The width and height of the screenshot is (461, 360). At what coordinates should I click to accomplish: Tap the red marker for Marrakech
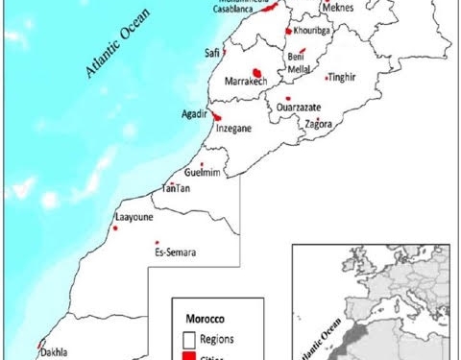tap(256, 72)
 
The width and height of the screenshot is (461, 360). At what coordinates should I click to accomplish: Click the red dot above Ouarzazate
tap(287, 98)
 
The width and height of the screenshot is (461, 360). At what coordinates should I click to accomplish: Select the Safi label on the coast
tap(212, 53)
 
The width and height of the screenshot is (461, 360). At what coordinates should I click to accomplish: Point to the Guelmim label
tap(202, 172)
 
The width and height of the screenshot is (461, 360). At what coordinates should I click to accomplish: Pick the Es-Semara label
tap(175, 252)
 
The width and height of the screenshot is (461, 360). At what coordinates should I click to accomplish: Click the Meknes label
tap(337, 8)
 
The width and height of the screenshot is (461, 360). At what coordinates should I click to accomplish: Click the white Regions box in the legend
tap(189, 338)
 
